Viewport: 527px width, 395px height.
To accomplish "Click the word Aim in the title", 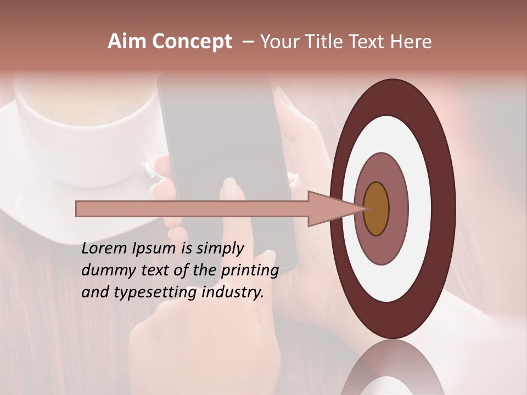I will tap(127, 42).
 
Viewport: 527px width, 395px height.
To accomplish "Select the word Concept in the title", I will tap(192, 42).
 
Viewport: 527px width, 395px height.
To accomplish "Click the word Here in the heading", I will tap(411, 42).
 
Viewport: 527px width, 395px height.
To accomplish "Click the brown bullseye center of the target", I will tap(377, 209).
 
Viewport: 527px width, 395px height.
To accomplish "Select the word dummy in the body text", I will tap(103, 271).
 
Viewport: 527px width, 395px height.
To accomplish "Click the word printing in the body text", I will tap(249, 271).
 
